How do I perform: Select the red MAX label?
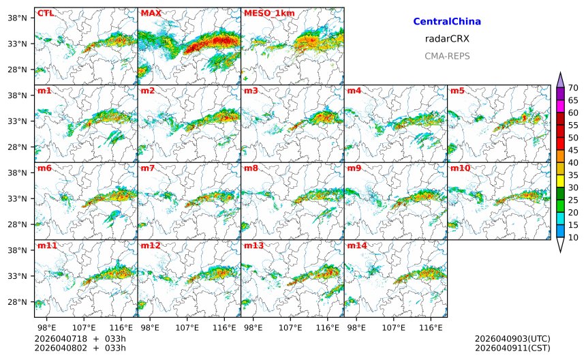tap(151, 13)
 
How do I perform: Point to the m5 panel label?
tap(457, 91)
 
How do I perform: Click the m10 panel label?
tap(460, 168)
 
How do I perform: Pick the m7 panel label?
tap(148, 168)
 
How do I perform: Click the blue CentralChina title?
tap(447, 22)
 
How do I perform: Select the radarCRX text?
tap(447, 39)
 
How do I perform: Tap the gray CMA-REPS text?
tap(447, 56)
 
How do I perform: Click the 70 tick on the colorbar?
tap(573, 88)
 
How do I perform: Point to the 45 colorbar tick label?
tap(573, 150)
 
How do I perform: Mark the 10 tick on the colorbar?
tap(573, 237)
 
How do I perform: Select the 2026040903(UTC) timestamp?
tap(512, 338)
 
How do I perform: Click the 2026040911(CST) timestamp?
tap(512, 348)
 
